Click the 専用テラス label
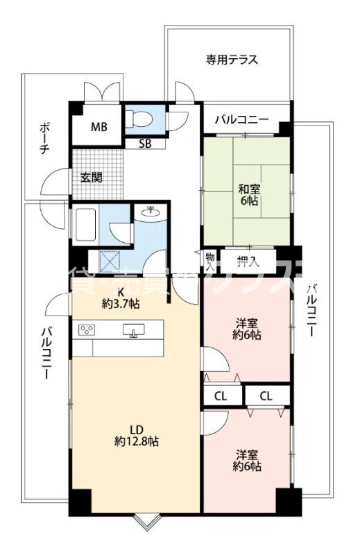pyautogui.click(x=231, y=60)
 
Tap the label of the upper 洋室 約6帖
pyautogui.click(x=248, y=329)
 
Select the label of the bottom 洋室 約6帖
pyautogui.click(x=248, y=461)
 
